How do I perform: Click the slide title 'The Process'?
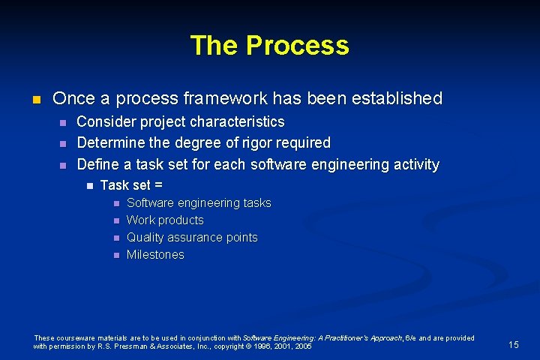point(269,46)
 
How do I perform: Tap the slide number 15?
point(513,344)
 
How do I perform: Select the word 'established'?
point(398,98)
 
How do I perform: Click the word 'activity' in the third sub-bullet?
point(414,163)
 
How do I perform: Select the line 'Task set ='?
point(131,184)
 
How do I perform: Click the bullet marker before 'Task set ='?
point(89,185)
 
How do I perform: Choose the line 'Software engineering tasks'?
point(199,202)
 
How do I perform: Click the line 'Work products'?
point(165,220)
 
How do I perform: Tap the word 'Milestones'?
point(155,254)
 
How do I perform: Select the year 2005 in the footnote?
point(304,346)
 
